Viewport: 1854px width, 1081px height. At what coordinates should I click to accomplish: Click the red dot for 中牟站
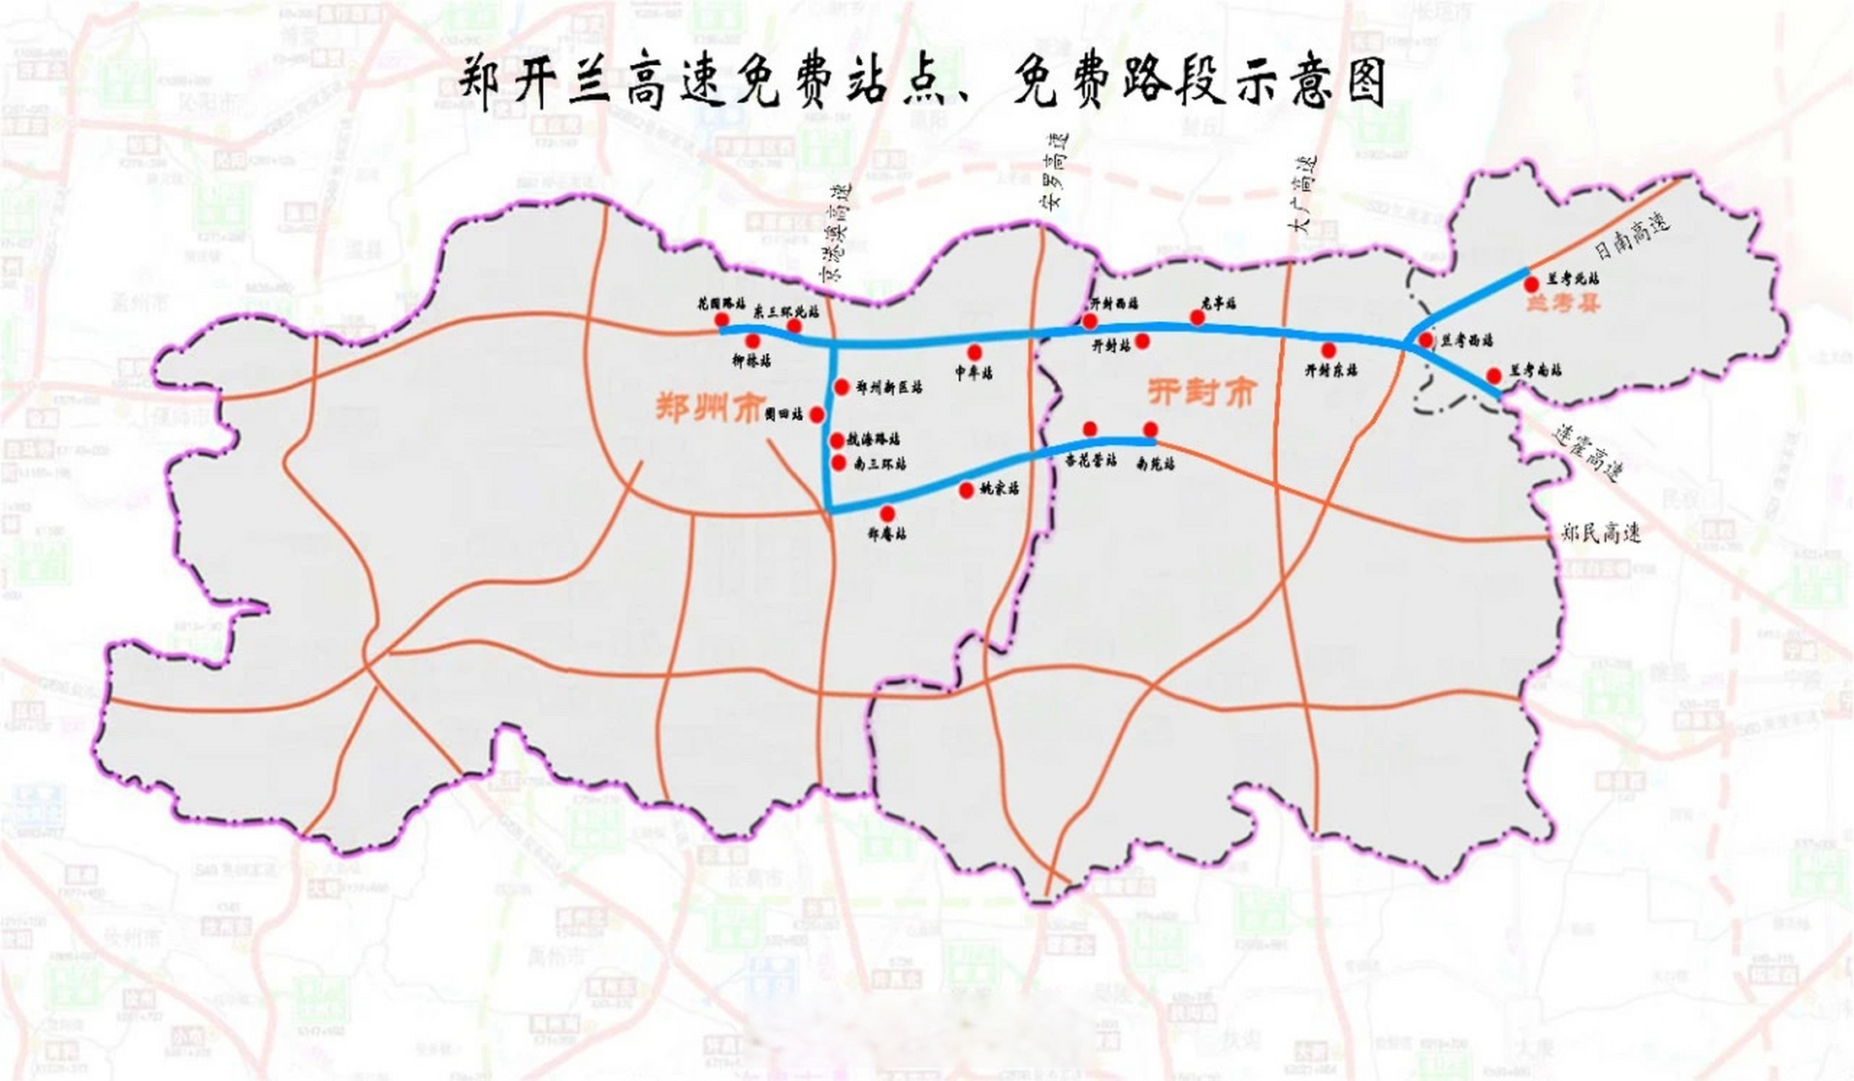974,351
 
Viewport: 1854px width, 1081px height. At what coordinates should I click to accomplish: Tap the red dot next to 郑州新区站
841,387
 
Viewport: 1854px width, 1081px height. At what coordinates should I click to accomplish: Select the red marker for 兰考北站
1531,285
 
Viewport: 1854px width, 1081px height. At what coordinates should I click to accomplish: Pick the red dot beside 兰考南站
1493,375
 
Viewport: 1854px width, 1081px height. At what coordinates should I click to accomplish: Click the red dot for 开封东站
1328,350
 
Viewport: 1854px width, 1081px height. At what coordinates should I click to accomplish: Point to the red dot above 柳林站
752,340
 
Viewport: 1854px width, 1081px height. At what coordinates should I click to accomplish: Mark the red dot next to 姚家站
966,490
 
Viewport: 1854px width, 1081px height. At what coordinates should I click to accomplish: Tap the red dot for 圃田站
816,414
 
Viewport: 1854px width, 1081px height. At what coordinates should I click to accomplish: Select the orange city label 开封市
1201,393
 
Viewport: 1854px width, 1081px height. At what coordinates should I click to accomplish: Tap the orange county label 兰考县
1562,303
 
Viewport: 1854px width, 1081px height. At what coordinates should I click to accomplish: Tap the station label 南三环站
880,463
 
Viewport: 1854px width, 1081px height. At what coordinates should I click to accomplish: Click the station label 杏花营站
1090,460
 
